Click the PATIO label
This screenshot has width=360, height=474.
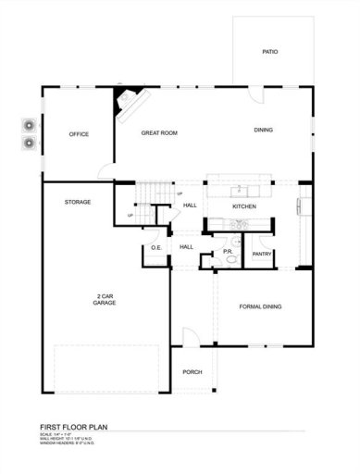click(x=269, y=52)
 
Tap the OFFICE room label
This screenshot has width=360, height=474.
click(x=79, y=135)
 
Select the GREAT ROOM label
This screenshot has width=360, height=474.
click(x=158, y=133)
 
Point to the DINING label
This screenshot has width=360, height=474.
click(x=264, y=130)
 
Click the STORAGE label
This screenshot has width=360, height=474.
click(x=77, y=202)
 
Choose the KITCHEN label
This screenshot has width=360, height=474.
click(x=243, y=206)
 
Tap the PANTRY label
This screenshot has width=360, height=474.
click(x=262, y=254)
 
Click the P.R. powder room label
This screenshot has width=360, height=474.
click(x=228, y=251)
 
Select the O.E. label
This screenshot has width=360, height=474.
click(x=156, y=247)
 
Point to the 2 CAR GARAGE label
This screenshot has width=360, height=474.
click(x=105, y=300)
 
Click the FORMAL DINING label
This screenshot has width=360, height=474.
click(x=260, y=306)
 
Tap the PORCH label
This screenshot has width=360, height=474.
click(x=192, y=371)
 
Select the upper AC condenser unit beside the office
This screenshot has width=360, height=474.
click(x=27, y=127)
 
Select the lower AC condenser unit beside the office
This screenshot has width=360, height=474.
click(x=27, y=143)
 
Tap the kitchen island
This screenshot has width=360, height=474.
click(x=238, y=182)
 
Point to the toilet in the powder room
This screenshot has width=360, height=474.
click(x=231, y=260)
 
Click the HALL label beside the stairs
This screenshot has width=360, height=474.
click(x=190, y=206)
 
